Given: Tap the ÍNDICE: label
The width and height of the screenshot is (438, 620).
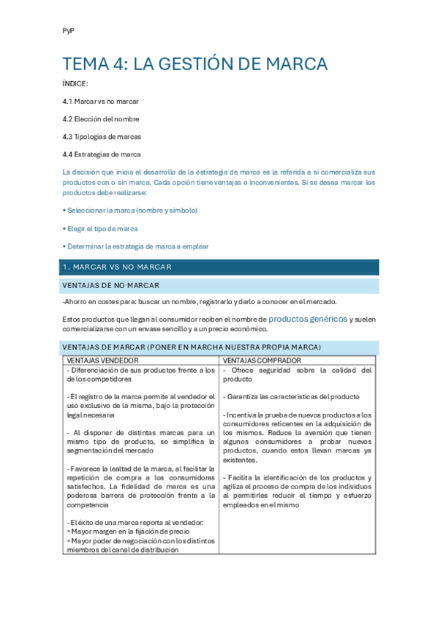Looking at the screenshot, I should pyautogui.click(x=75, y=84).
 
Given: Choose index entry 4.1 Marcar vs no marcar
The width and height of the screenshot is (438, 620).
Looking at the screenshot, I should pyautogui.click(x=101, y=101).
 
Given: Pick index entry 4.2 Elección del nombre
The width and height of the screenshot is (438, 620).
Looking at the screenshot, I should pyautogui.click(x=101, y=118).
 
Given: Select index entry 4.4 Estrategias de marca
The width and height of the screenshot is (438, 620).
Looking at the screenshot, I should pyautogui.click(x=102, y=154).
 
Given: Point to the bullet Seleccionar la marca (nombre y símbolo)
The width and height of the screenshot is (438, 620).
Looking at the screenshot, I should pyautogui.click(x=132, y=211).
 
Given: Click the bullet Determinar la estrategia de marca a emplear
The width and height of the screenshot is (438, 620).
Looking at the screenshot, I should pyautogui.click(x=137, y=246).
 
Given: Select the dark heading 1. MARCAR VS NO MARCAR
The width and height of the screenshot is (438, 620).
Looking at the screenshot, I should pyautogui.click(x=118, y=267).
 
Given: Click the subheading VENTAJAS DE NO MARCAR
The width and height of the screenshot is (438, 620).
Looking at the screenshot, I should pyautogui.click(x=112, y=285).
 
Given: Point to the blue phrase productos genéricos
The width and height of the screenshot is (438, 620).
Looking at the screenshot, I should pyautogui.click(x=307, y=319).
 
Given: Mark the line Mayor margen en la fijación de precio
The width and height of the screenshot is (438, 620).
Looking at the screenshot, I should pyautogui.click(x=131, y=532).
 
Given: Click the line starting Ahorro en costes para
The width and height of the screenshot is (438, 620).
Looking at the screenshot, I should pyautogui.click(x=200, y=302).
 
